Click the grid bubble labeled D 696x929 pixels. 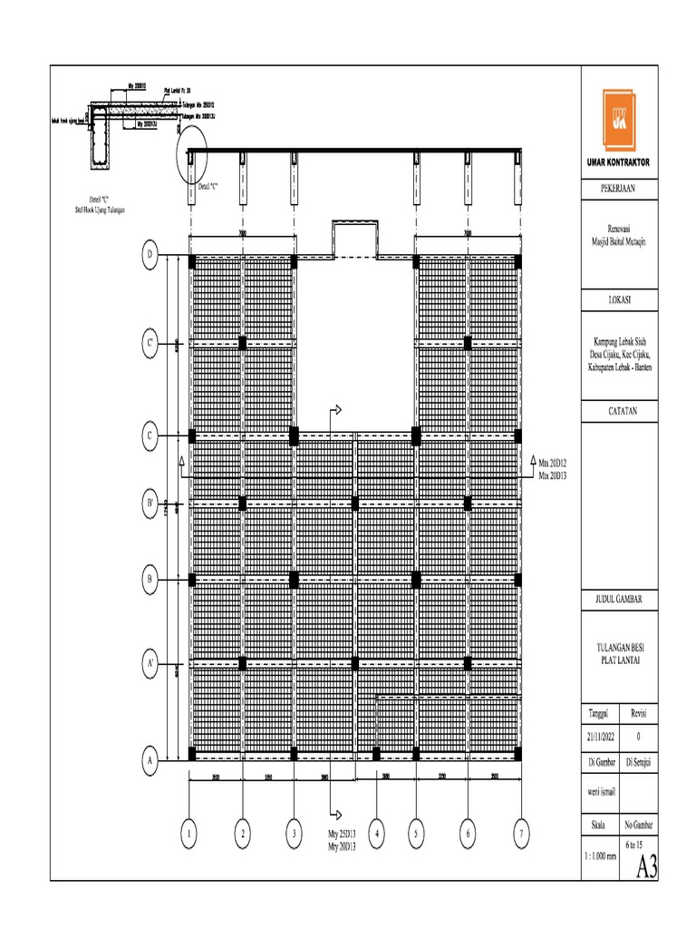[150, 256]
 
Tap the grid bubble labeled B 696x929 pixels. [150, 577]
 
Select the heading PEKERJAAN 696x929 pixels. [620, 190]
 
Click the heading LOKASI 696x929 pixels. [620, 298]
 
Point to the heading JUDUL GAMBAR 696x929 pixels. [620, 601]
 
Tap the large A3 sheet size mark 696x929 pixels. [645, 867]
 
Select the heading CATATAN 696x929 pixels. [620, 411]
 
